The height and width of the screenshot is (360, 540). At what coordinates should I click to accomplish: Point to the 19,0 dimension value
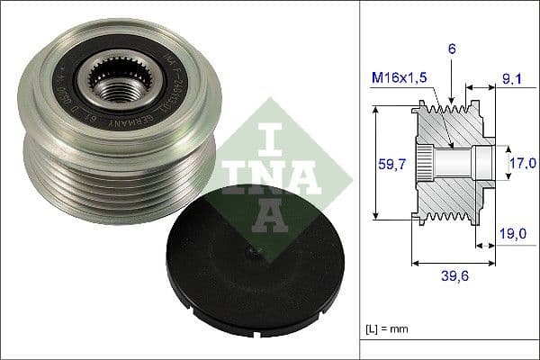click(511, 233)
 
